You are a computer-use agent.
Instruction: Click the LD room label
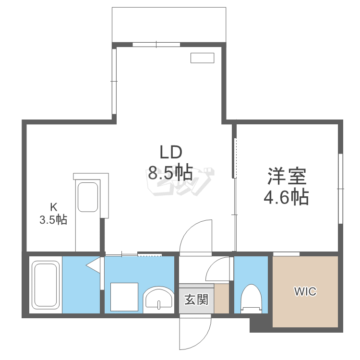171,153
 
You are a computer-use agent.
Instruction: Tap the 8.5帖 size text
170,172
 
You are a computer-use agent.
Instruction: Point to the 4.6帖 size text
287,197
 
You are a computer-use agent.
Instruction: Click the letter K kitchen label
54,207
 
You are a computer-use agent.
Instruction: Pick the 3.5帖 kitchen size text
53,220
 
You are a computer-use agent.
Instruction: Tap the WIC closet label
305,291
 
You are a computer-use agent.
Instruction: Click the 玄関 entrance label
196,300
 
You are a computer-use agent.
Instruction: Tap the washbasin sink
159,299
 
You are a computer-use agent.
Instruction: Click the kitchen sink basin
88,196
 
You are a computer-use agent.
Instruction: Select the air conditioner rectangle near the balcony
202,58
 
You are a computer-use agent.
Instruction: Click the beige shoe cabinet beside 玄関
222,299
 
